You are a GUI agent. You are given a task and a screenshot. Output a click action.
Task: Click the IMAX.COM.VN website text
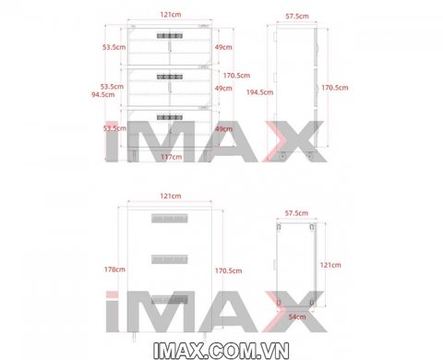click(221, 351)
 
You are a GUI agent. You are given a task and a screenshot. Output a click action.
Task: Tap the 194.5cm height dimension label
click(259, 92)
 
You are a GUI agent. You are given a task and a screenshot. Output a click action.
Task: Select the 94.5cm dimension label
click(102, 94)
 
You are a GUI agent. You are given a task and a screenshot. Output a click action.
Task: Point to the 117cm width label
click(172, 157)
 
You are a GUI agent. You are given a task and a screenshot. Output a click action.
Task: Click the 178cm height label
click(114, 270)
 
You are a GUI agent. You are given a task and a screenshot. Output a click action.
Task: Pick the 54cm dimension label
click(297, 317)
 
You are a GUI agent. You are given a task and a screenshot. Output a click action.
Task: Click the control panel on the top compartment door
click(170, 36)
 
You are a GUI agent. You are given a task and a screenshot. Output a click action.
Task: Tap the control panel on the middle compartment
click(170, 77)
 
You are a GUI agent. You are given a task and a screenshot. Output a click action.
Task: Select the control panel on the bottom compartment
click(170, 117)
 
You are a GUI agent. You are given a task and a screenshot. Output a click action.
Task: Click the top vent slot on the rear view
click(170, 218)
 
